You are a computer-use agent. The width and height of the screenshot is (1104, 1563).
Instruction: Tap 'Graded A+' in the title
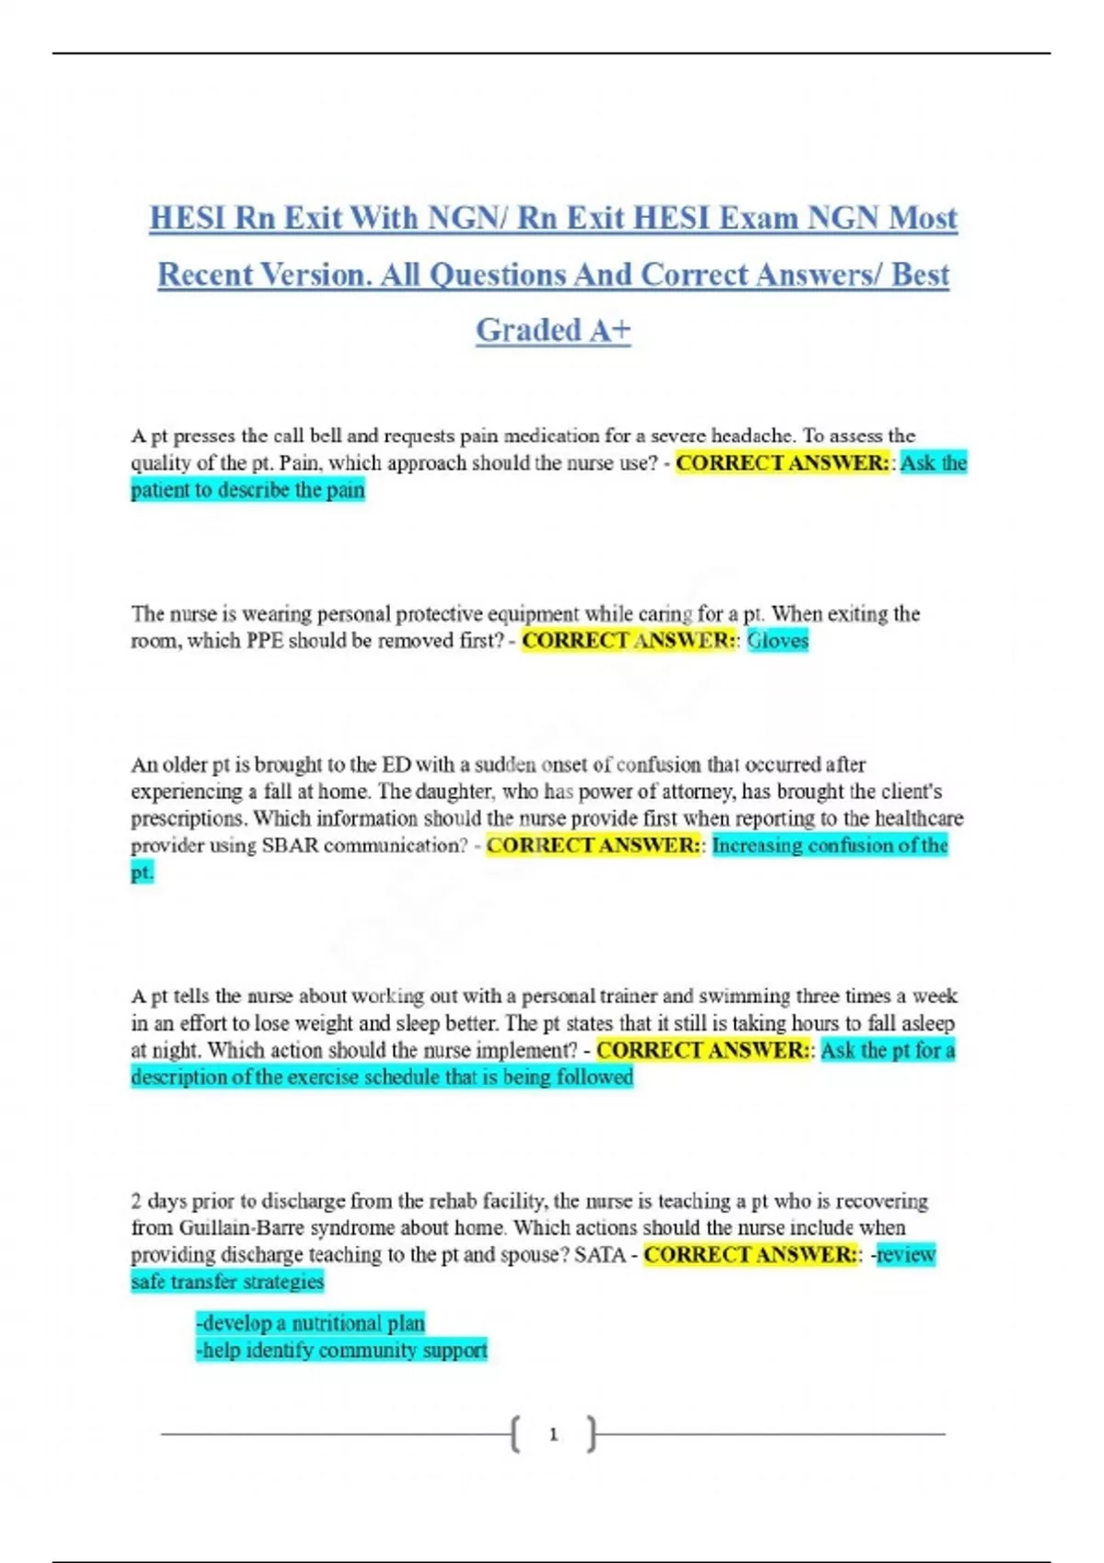click(553, 330)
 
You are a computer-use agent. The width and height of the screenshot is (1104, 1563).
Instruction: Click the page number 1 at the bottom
click(553, 1434)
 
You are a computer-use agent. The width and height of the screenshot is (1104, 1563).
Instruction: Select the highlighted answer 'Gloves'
click(777, 641)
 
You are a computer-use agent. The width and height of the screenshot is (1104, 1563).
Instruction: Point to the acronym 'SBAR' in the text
click(290, 846)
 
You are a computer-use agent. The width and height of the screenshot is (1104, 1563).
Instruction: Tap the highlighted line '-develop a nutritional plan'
click(310, 1324)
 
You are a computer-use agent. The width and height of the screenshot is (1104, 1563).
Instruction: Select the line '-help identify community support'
click(341, 1351)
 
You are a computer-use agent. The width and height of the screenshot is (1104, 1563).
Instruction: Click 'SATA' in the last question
click(600, 1255)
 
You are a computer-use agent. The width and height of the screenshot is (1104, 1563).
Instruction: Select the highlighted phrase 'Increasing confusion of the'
click(829, 846)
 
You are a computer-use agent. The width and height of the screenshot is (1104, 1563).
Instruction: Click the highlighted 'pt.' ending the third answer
click(142, 873)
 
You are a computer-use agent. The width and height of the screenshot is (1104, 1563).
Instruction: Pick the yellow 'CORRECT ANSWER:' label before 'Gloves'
click(629, 641)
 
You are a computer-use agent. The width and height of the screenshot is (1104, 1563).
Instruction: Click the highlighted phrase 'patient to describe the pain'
click(247, 490)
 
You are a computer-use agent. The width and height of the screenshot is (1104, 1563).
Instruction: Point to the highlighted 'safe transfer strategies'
click(227, 1282)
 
